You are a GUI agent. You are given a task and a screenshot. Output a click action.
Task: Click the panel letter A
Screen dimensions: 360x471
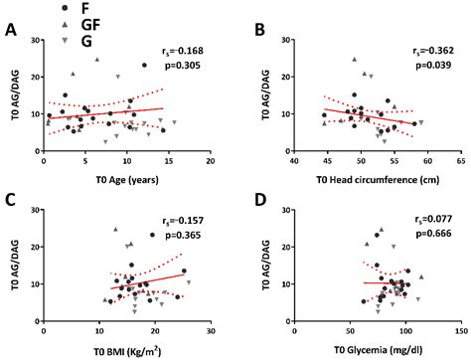tap(11, 29)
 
